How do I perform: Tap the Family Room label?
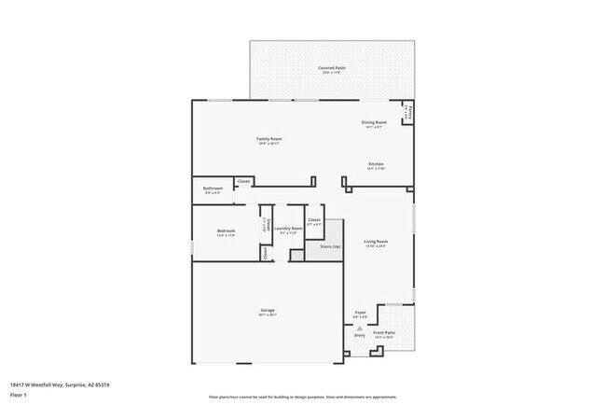point(269,141)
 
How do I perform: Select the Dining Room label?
point(374,123)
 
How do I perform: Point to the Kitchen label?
point(376,167)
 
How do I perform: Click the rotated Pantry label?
point(407,112)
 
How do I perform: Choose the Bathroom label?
point(212,189)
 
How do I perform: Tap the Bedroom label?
point(226,232)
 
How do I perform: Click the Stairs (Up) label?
point(330,247)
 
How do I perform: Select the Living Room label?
point(376,243)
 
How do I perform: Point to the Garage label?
point(268,312)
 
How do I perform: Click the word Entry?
point(360,334)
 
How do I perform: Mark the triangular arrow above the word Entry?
point(360,328)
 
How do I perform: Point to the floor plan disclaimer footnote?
point(302,397)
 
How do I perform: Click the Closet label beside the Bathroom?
point(243,181)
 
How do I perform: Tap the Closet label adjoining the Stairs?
point(315,222)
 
